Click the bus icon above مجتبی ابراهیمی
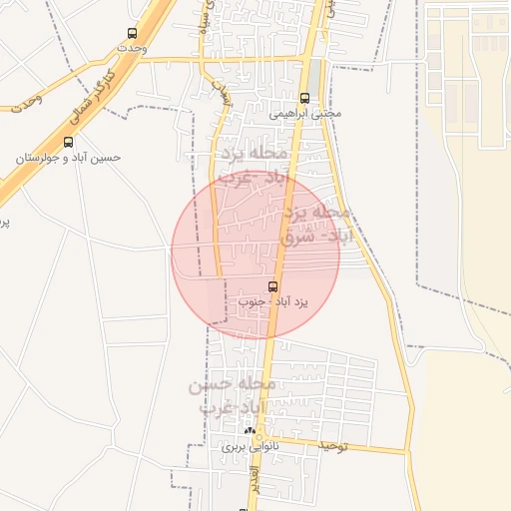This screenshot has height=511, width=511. (304, 98)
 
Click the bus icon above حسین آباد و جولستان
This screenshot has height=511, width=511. (68, 142)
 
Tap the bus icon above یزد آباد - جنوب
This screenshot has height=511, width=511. (273, 285)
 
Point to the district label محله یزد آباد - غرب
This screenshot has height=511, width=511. (254, 166)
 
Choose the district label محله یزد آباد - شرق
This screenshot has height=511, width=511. (313, 226)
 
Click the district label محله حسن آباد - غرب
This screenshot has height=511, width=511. (231, 395)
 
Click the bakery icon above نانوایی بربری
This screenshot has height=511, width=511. (251, 432)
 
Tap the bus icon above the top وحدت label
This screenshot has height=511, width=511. (134, 33)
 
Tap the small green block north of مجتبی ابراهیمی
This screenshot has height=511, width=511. (315, 75)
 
